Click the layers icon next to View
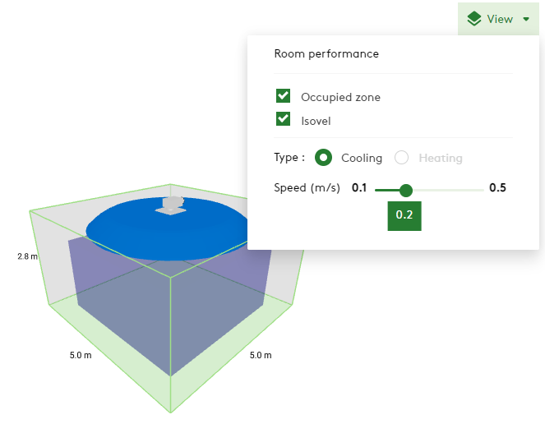coord(473,19)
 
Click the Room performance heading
coord(326,53)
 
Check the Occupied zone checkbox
coord(284,96)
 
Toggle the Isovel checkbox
coord(284,119)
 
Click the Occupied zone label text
coord(340,97)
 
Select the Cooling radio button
coord(324,158)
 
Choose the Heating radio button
coord(402,158)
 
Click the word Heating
coord(440,158)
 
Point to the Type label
coord(289,158)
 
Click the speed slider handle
coord(405,190)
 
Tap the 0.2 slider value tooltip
coord(404,215)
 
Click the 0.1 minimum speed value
coord(359,188)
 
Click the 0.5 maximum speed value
coord(497,188)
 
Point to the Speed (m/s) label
coord(307,188)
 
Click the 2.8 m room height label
coord(27,256)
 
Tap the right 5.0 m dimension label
coord(260,356)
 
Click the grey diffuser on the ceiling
coord(173,205)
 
